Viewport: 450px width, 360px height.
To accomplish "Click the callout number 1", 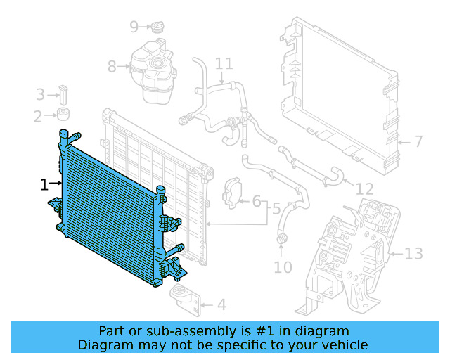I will point(44,185).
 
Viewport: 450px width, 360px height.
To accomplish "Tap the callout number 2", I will point(38,116).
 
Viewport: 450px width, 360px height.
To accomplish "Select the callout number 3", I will point(40,94).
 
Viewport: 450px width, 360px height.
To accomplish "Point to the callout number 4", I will point(221,305).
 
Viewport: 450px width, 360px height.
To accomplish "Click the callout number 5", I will point(276,209).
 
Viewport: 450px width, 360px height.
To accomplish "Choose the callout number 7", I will point(418,142).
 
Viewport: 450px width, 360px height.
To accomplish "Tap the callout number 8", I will point(112,67).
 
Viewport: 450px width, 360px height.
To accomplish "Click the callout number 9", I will point(134,27).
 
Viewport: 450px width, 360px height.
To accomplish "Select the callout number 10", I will point(282,267).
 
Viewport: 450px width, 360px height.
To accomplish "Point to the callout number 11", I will point(224,64).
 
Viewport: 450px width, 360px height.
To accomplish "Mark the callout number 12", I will point(364,189).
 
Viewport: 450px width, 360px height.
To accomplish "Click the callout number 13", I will point(414,253).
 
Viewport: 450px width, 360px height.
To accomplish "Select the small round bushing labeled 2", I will point(64,115).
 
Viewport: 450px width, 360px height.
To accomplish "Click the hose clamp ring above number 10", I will point(282,243).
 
